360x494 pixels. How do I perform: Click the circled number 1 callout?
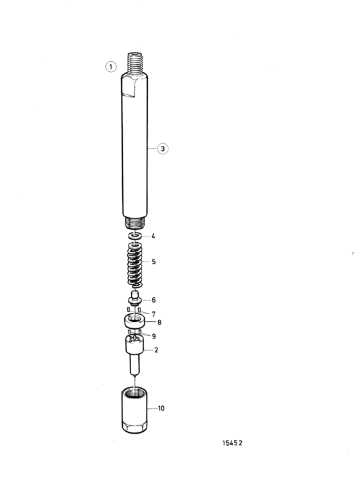[x=111, y=67]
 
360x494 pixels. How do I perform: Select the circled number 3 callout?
[x=163, y=148]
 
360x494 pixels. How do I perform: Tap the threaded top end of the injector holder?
[x=135, y=63]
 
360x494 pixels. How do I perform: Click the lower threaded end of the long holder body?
[x=135, y=223]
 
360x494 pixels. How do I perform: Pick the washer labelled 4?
[x=135, y=236]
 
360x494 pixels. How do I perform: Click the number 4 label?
[x=153, y=236]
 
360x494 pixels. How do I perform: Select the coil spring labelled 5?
[x=134, y=265]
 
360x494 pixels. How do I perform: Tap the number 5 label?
[x=154, y=261]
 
